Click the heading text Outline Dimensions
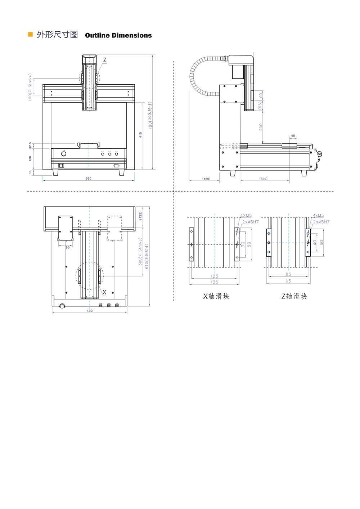point(118,35)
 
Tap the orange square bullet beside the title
point(31,35)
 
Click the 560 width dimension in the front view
point(88,179)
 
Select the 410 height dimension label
point(141,135)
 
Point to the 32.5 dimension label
point(30,145)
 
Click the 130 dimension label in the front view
point(30,158)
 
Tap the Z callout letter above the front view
point(105,59)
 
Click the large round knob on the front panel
point(64,154)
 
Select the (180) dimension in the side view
point(206,179)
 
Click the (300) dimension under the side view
point(263,179)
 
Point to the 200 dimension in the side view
point(261,126)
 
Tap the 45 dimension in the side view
point(293,136)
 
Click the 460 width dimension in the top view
point(90,311)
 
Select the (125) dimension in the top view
point(140,216)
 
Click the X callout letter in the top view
point(104,292)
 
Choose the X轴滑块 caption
point(216,296)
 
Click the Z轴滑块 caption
point(294,296)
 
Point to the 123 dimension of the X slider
point(214,276)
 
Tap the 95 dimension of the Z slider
point(288,281)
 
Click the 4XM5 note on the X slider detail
point(246,216)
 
